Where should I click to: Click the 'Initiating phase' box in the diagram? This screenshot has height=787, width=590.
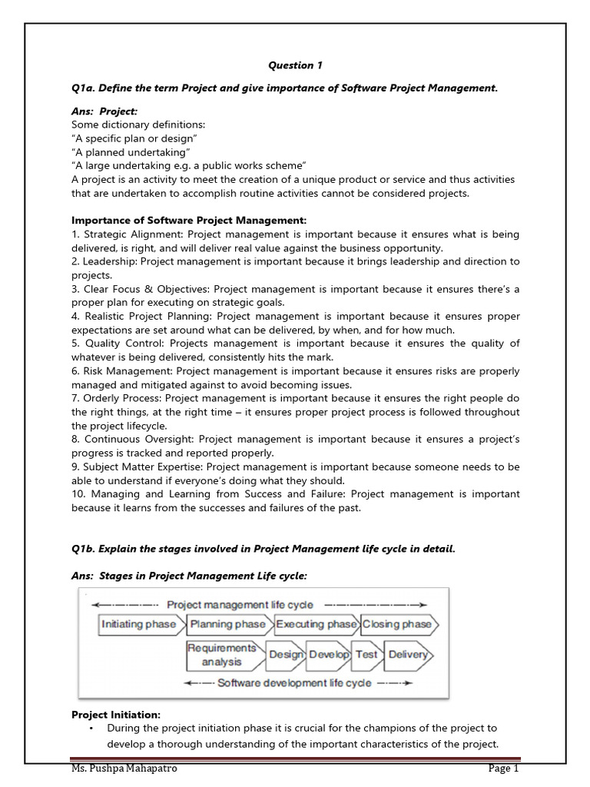tap(139, 624)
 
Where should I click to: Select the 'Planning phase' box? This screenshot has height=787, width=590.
tap(228, 624)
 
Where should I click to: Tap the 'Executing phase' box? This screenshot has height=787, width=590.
tap(315, 624)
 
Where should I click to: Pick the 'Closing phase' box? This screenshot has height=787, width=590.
tap(398, 624)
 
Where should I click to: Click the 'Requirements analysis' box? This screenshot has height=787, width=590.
tap(222, 655)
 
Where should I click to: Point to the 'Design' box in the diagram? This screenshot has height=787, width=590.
tap(285, 655)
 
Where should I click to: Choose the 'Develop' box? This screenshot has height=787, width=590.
tap(329, 655)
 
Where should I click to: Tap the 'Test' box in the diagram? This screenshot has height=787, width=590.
tap(366, 655)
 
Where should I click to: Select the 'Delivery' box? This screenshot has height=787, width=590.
tap(407, 655)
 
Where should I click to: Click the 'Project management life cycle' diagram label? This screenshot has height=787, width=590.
tap(240, 605)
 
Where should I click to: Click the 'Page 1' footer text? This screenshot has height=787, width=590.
tap(504, 769)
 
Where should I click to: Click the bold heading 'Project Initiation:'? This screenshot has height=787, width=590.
tap(116, 714)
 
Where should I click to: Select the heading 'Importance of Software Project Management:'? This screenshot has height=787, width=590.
tap(189, 221)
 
